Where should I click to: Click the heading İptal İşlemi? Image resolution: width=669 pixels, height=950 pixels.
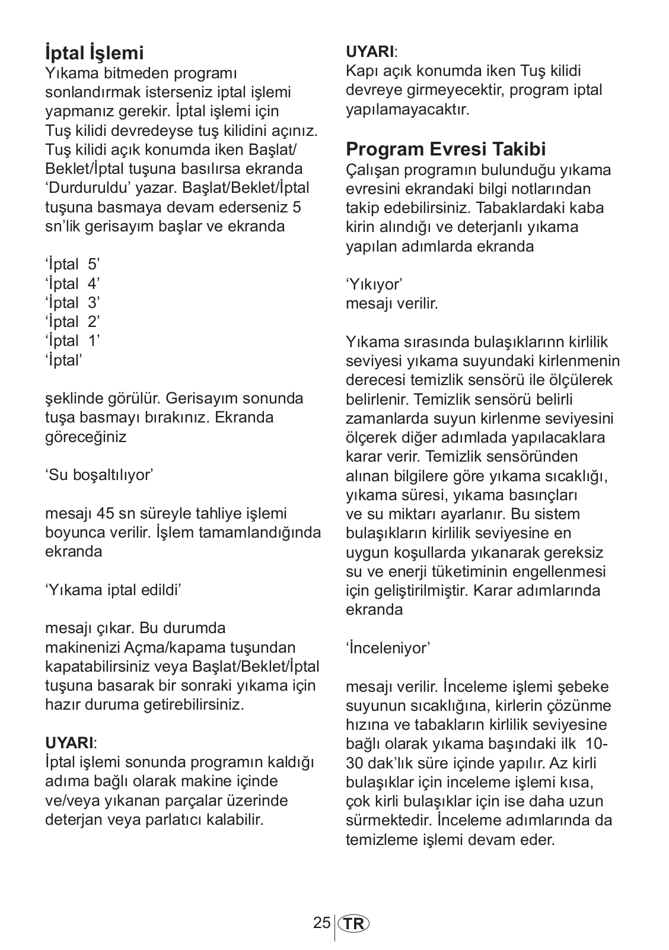tap(94, 53)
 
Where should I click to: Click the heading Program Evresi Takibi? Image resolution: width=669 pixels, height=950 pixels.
tap(445, 149)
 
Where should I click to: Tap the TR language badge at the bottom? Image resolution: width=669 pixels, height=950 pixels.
tap(353, 924)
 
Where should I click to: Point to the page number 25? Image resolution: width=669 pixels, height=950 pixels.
tap(322, 923)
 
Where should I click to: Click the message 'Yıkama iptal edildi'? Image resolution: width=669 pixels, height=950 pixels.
tap(113, 590)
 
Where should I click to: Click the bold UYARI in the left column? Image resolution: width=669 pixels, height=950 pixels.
tap(69, 742)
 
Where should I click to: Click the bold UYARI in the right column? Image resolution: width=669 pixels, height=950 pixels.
tap(370, 51)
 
